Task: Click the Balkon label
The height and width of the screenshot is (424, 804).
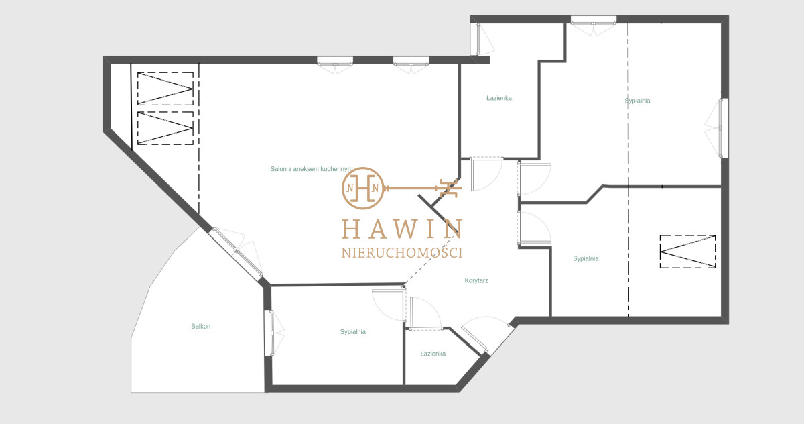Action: click(200, 326)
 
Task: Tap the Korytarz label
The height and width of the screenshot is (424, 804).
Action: click(476, 280)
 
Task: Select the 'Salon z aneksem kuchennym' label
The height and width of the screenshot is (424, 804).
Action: click(311, 169)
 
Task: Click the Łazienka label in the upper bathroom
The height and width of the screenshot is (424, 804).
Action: click(499, 98)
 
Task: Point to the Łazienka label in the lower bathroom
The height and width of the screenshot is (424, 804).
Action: click(433, 354)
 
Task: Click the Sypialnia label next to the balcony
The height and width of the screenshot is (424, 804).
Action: click(353, 331)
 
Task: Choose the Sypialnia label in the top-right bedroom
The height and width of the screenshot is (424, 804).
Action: click(637, 101)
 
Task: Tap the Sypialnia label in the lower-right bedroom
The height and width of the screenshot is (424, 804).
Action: click(586, 258)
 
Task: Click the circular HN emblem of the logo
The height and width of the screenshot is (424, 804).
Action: click(363, 189)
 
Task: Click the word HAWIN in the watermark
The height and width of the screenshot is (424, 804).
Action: click(402, 229)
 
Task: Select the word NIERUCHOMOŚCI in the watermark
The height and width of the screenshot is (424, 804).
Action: click(402, 252)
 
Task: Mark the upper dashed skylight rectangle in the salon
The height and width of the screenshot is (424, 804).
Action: click(165, 89)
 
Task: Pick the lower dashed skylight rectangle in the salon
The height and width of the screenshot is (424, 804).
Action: click(165, 128)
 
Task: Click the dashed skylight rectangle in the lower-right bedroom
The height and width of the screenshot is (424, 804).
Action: click(687, 252)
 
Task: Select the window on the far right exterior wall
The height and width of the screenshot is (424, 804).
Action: click(721, 128)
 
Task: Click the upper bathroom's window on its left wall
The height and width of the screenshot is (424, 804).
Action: click(478, 39)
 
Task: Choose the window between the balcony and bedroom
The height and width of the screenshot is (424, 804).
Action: click(272, 333)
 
